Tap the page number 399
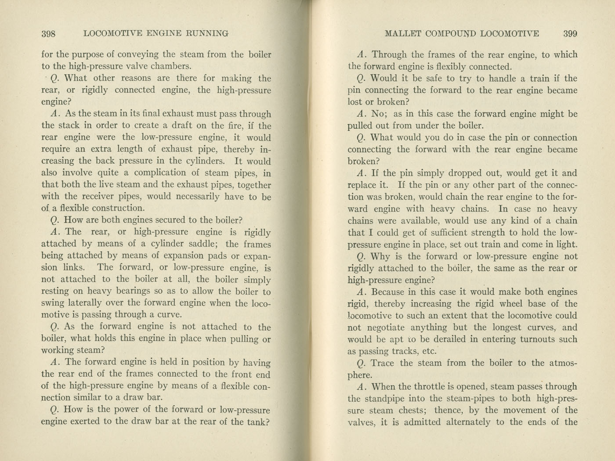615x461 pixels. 570,34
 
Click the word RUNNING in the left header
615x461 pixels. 207,33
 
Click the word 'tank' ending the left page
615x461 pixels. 257,422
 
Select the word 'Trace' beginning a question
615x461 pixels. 383,363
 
